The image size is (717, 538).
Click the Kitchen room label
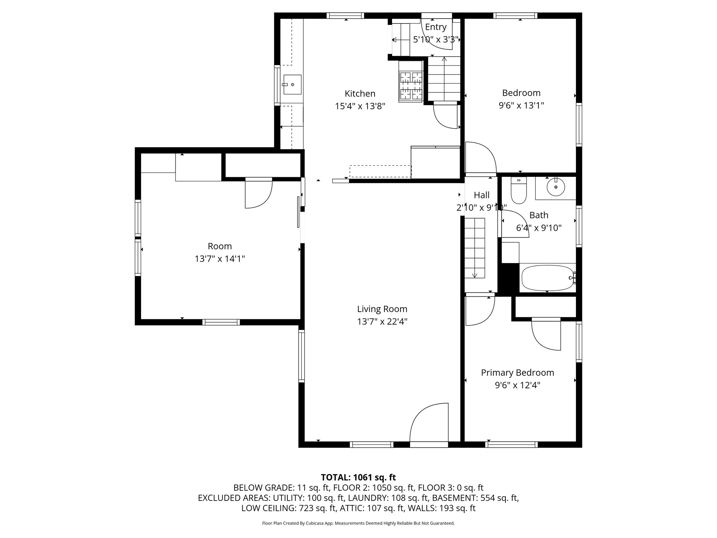[x=360, y=94]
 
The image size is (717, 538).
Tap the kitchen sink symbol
[x=292, y=84]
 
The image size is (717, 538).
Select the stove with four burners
[x=411, y=86]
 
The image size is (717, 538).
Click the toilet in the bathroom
[x=518, y=191]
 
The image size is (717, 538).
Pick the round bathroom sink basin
[x=556, y=187]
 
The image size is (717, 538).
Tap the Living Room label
[x=382, y=309]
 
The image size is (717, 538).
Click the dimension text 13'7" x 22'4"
[x=382, y=322]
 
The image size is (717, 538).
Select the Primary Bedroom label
[x=517, y=372]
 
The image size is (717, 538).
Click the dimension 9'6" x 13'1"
[x=521, y=105]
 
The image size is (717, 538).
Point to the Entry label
[x=436, y=27]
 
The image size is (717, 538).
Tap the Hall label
[x=481, y=195]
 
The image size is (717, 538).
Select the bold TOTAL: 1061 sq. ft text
[x=358, y=477]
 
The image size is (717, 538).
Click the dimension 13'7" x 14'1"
[x=220, y=259]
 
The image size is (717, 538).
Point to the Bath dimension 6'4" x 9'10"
[x=539, y=228]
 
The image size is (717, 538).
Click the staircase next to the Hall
[x=475, y=248]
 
